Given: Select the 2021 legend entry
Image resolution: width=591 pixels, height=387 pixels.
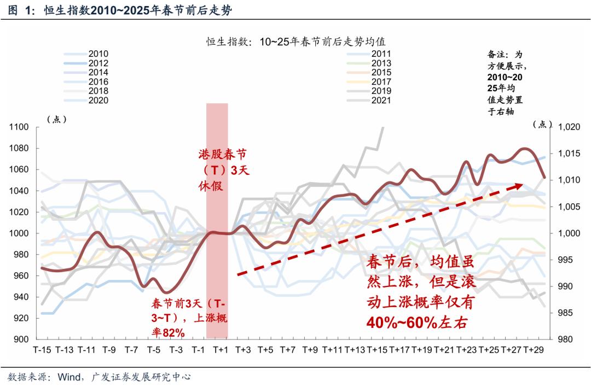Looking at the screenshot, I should [x=381, y=101].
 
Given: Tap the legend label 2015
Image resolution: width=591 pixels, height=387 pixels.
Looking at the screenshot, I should [x=381, y=73].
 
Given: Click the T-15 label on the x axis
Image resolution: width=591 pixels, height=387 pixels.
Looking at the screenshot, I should [x=43, y=350].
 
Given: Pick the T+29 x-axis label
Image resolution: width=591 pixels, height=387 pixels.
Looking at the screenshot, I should [x=534, y=350].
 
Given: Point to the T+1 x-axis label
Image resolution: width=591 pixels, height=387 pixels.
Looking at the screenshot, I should [x=221, y=350].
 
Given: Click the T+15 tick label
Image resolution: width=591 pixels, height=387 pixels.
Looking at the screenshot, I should [x=377, y=350].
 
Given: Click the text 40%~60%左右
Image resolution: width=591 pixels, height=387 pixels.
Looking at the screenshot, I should [x=417, y=323].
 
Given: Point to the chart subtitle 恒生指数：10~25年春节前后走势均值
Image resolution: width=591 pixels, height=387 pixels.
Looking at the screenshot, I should [x=296, y=42].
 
